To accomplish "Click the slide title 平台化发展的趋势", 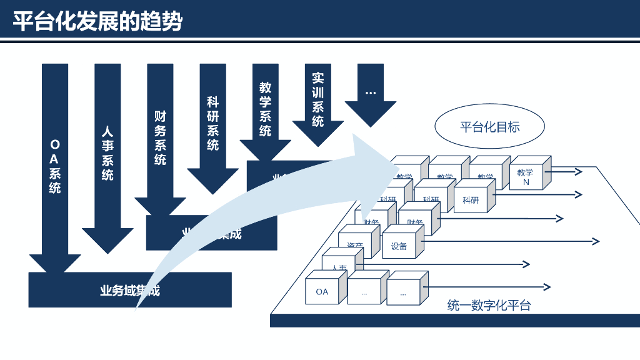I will point(98,22).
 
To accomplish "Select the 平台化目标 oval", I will point(489,126).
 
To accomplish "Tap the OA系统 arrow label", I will point(55,166).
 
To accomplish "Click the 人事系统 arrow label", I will point(107,154).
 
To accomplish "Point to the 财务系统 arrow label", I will point(160,137).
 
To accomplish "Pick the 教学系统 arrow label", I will point(265,109).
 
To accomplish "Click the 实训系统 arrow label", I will point(317,100).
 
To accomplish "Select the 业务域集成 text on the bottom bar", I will point(130,291).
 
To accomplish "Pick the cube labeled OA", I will point(322,291).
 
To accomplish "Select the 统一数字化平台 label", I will point(489,306).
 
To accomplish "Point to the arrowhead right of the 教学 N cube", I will point(578,171).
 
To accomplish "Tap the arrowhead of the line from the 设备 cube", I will point(595,241).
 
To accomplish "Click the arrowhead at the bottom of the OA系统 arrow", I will point(55,263).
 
